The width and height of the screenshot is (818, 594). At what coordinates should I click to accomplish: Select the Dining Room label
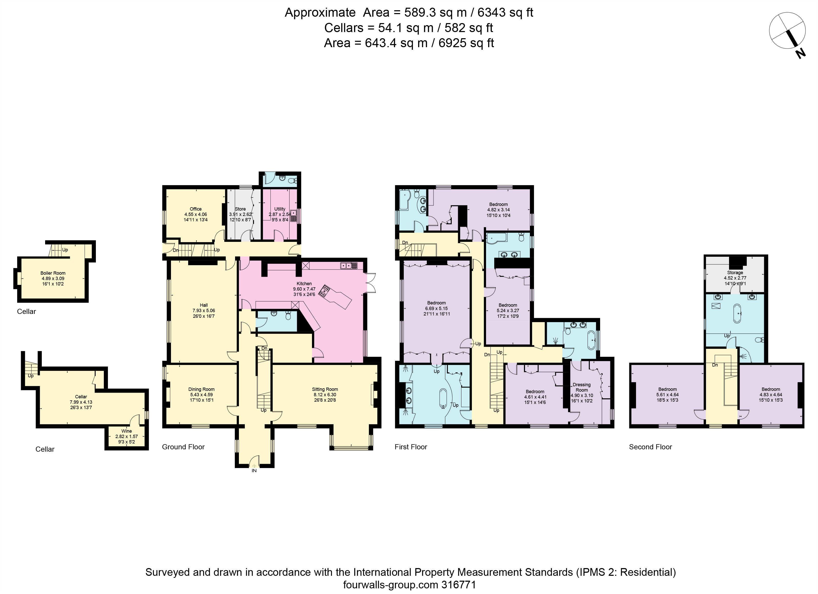(201, 389)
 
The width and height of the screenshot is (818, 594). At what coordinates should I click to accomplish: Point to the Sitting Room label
(325, 389)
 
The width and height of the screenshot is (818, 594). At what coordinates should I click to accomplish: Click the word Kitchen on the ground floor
(304, 284)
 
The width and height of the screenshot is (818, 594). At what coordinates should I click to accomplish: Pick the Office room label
(196, 209)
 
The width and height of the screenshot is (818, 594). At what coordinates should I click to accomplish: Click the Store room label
(240, 209)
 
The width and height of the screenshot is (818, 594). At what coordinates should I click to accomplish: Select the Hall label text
(204, 305)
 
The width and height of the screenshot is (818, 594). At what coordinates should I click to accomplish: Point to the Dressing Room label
(582, 387)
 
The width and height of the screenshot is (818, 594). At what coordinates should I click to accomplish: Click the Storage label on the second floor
(735, 272)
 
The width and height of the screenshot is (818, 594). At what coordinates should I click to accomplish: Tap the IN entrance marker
(254, 471)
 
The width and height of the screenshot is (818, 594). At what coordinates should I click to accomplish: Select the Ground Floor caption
(183, 447)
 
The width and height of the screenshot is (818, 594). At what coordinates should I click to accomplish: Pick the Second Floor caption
(650, 447)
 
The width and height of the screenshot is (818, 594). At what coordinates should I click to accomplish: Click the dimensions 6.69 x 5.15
(436, 309)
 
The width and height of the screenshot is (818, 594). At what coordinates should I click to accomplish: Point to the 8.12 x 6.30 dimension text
(325, 395)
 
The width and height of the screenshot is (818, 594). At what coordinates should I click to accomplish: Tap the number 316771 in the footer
(459, 584)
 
